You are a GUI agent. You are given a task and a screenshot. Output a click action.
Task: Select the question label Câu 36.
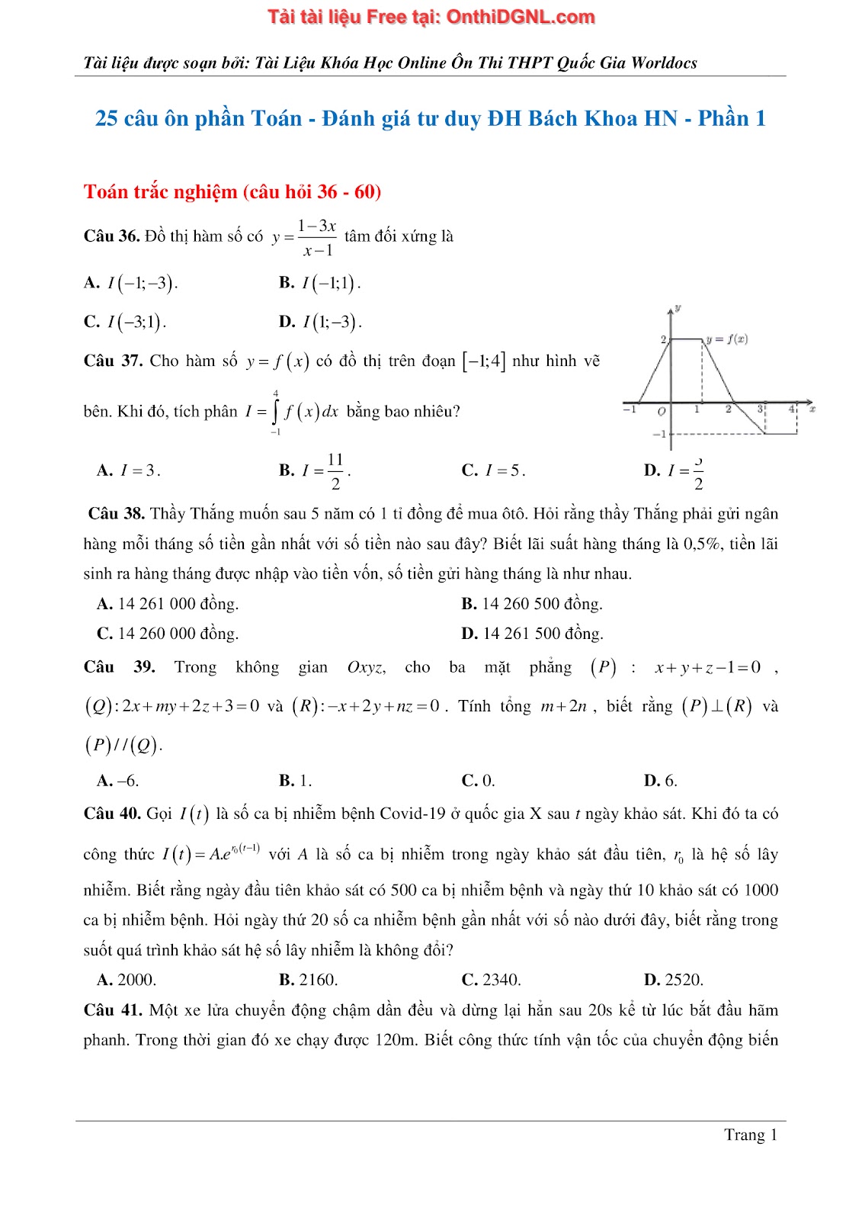(111, 236)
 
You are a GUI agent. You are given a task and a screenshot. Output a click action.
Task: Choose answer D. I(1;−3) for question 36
(320, 323)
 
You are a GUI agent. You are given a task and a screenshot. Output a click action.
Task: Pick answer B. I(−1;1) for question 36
(319, 284)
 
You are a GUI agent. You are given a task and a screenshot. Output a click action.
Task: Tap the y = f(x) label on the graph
(727, 339)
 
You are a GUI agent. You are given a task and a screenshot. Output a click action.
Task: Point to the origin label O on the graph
(661, 412)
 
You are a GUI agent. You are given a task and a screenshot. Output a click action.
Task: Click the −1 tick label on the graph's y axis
(659, 434)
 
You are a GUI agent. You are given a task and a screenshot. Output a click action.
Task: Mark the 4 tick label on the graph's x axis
(792, 409)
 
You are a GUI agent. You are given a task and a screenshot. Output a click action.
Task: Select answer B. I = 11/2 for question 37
(314, 471)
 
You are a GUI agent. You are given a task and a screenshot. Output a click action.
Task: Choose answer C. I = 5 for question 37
(493, 471)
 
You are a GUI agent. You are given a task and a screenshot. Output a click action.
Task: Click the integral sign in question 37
(276, 413)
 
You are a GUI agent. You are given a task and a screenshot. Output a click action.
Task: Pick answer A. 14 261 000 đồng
(168, 604)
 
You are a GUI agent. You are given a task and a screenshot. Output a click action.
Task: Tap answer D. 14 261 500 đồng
(532, 634)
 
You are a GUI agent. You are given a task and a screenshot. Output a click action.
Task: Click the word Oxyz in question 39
(366, 668)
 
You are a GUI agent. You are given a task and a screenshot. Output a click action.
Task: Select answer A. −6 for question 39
(118, 781)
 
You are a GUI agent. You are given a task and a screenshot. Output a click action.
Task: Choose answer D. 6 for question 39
(660, 781)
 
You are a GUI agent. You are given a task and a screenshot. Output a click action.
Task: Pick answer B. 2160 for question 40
(309, 980)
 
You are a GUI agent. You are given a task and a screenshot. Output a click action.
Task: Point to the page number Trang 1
(750, 1135)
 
